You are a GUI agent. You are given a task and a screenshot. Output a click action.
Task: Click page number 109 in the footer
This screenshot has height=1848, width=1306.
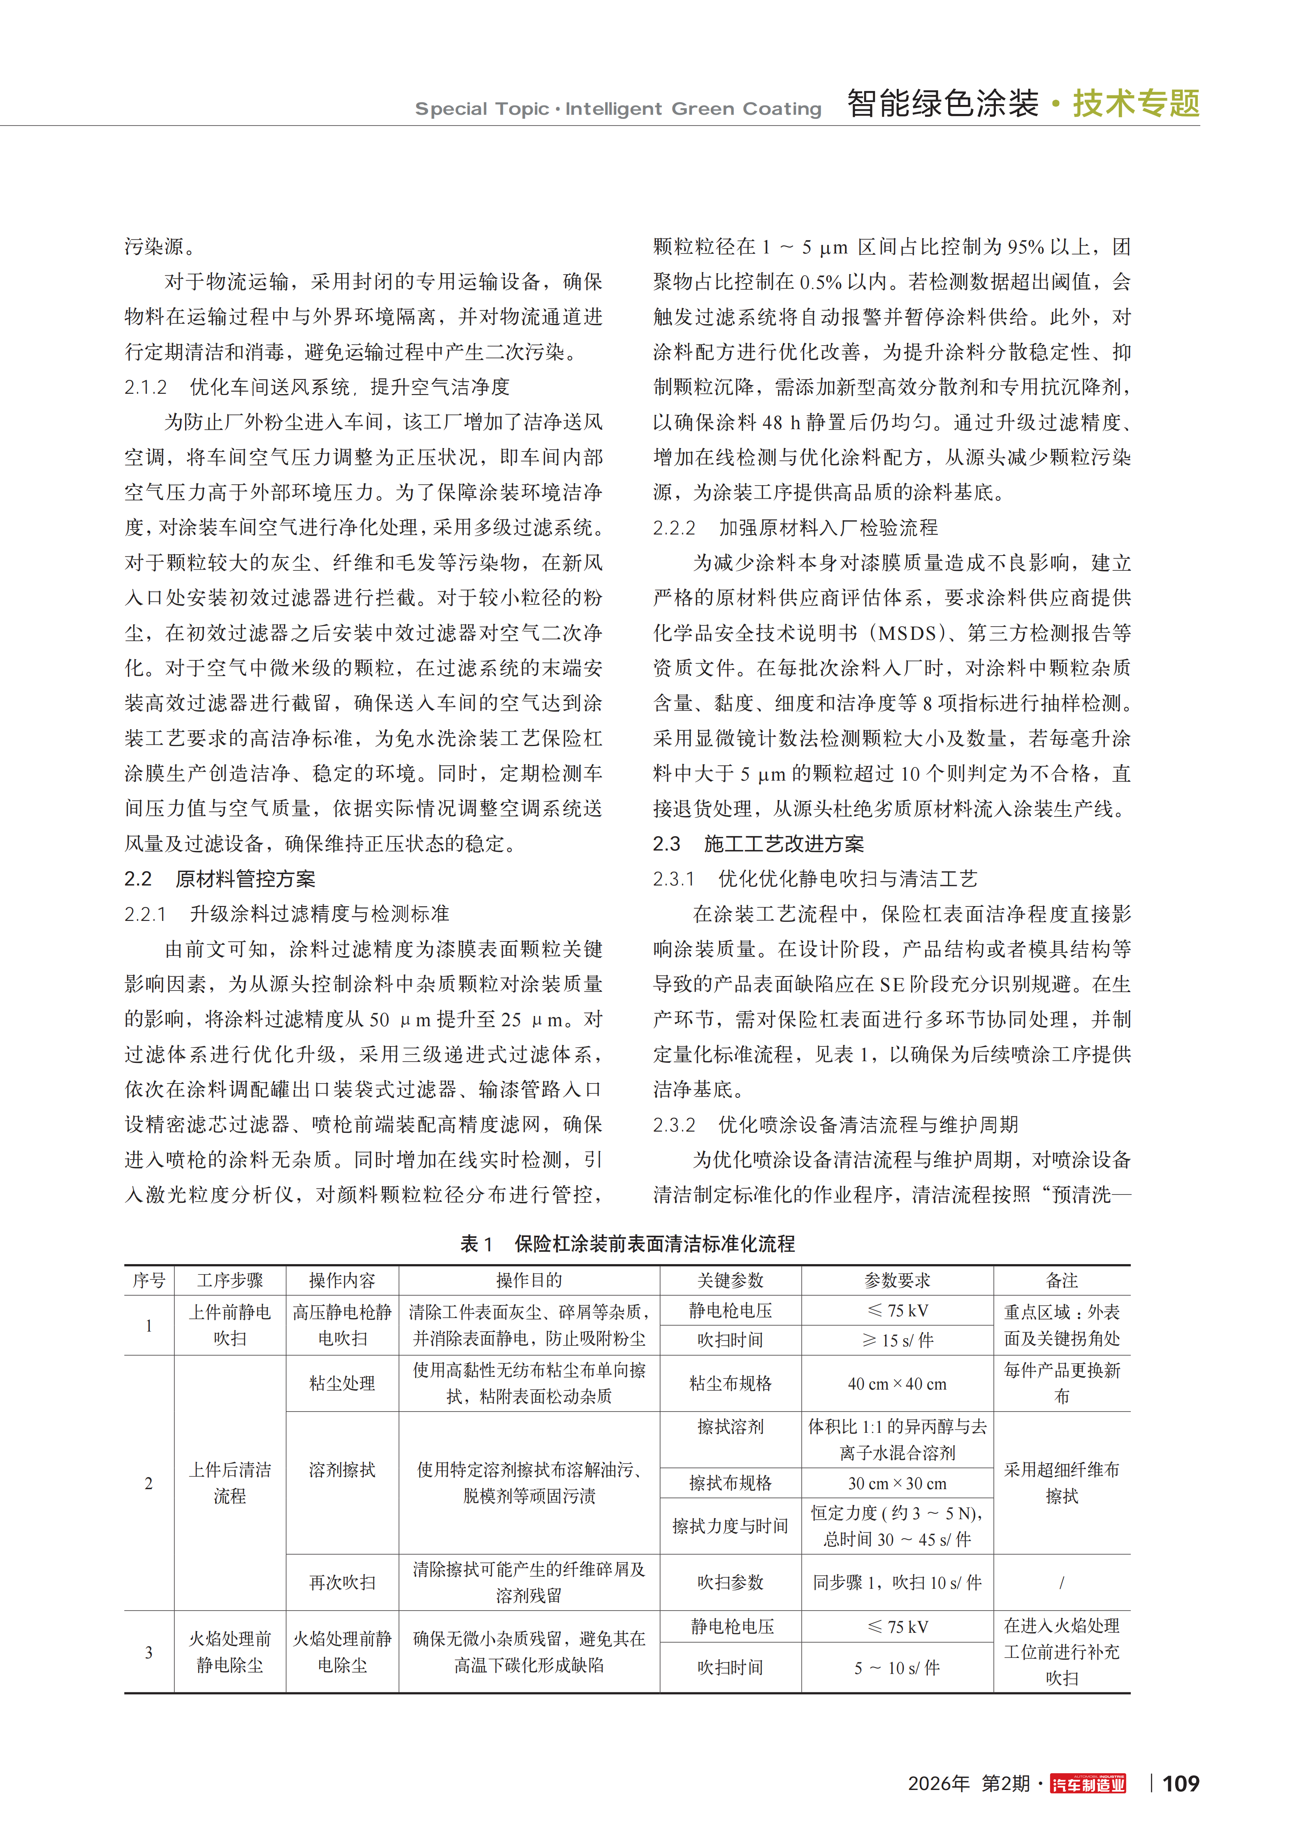pos(1181,1784)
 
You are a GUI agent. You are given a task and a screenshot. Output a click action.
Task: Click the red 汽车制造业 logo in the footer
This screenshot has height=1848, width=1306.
pos(1088,1784)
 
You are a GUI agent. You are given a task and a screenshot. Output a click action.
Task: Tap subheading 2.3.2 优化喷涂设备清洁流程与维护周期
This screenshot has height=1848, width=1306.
pos(835,1125)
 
